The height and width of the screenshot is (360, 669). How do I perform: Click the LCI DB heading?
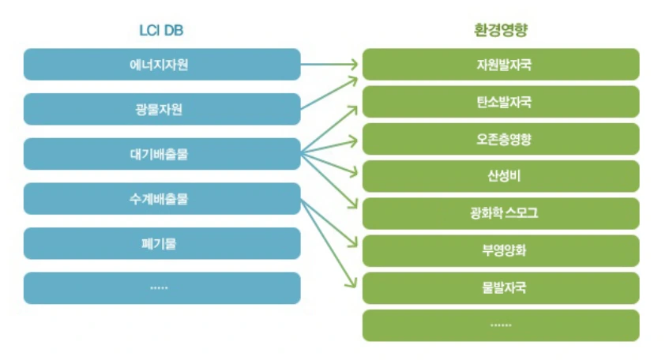(x=161, y=31)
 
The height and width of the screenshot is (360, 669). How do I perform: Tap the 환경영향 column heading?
(x=500, y=31)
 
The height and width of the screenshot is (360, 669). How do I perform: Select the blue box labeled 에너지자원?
(x=162, y=64)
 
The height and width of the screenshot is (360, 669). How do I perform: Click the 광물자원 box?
(x=162, y=109)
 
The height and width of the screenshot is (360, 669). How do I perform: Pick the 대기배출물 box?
(x=162, y=154)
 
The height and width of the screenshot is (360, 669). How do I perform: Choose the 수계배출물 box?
(x=162, y=199)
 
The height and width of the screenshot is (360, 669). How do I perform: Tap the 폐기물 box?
(x=162, y=243)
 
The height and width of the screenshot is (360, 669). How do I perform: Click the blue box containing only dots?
(x=162, y=288)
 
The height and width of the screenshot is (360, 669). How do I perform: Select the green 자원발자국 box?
(x=501, y=64)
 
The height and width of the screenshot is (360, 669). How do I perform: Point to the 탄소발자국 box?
(x=501, y=102)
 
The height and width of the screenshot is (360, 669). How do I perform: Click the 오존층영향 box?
(x=501, y=139)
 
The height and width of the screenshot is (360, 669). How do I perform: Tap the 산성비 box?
(x=501, y=176)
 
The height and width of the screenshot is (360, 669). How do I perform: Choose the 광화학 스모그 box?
(x=501, y=213)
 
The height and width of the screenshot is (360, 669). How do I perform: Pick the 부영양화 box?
(x=501, y=250)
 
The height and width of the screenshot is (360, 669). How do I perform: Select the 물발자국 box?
(x=501, y=287)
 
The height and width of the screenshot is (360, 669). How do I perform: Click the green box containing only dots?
(x=501, y=324)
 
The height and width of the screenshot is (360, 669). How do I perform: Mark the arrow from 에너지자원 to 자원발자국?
(x=330, y=65)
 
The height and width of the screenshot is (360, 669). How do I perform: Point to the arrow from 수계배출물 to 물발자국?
(x=329, y=242)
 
